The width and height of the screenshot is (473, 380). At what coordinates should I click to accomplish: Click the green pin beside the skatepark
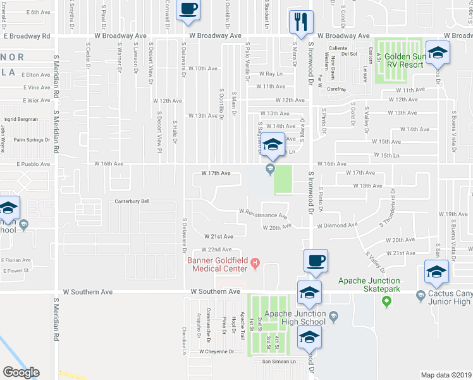point(386,303)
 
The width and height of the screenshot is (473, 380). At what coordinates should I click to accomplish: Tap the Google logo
point(21,372)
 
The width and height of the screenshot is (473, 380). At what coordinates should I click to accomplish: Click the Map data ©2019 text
point(445,375)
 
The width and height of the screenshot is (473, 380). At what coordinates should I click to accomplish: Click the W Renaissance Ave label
point(262,214)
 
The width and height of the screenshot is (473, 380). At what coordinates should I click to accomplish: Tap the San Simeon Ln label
point(279,362)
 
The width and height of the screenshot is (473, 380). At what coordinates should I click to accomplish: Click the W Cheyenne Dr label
point(216,351)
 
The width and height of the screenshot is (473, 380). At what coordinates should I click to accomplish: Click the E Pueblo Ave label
point(26,163)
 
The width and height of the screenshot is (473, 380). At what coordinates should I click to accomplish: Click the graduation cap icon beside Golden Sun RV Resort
point(436,54)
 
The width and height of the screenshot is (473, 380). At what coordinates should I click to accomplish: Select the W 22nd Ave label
point(217,250)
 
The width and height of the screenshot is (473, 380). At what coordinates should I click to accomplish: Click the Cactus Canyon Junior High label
point(450,298)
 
